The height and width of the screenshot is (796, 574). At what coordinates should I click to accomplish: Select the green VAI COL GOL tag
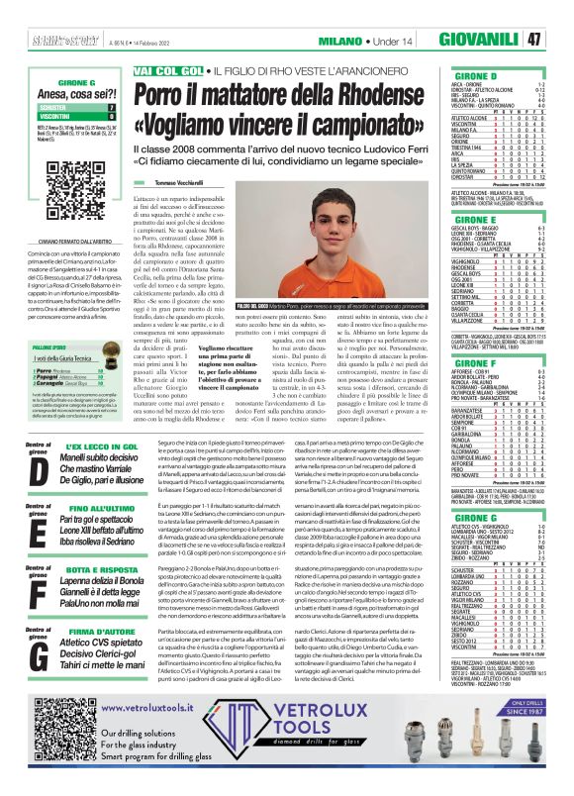(x=169, y=71)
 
